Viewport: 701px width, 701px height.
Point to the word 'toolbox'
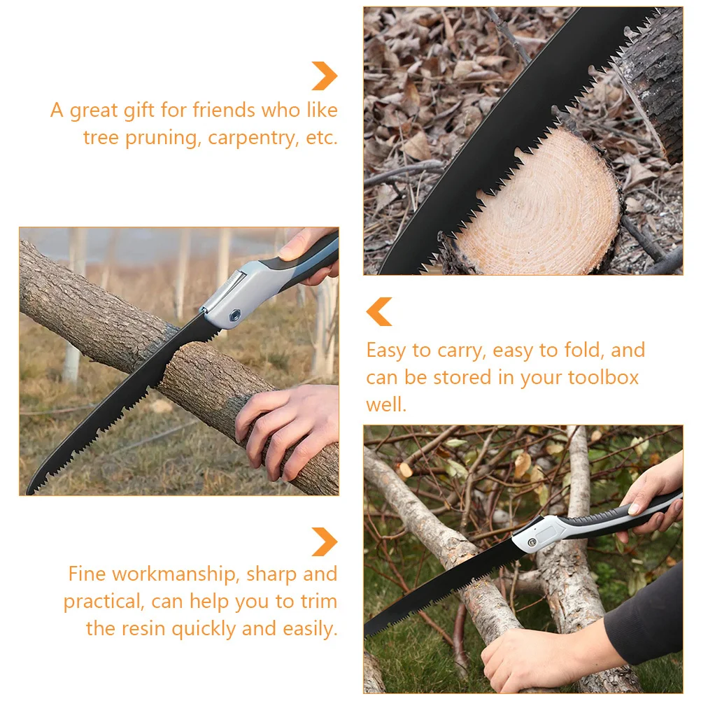click(x=603, y=378)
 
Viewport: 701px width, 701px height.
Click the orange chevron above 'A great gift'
click(x=325, y=76)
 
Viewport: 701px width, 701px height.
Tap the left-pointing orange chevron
click(x=379, y=311)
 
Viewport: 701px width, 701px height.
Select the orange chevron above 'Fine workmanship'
click(x=325, y=541)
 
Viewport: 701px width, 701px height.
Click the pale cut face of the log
click(x=539, y=203)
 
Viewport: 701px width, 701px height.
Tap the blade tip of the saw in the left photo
click(x=31, y=490)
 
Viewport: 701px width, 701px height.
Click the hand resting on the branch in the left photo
click(x=290, y=427)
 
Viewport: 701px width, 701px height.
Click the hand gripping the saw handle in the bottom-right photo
click(x=654, y=493)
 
